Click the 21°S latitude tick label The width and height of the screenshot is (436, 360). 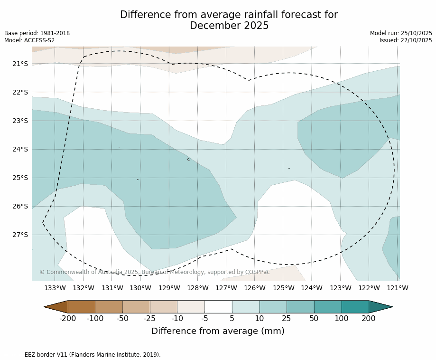click(x=20, y=64)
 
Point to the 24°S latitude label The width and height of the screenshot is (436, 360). click(x=20, y=149)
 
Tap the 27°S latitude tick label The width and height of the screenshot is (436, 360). click(x=20, y=235)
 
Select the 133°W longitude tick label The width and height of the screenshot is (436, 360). click(x=55, y=288)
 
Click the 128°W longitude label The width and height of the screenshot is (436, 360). click(x=197, y=288)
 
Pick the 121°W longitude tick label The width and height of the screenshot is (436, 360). click(x=398, y=288)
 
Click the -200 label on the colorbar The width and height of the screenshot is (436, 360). click(x=68, y=319)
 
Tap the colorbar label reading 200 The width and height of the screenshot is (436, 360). click(x=369, y=319)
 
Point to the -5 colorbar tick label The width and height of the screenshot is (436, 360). click(x=204, y=319)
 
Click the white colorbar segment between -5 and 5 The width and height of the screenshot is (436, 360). click(x=218, y=307)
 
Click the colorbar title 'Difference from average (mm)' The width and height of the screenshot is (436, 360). click(x=218, y=332)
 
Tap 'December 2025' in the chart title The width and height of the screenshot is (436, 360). click(x=229, y=26)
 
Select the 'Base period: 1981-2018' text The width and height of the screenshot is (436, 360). click(x=37, y=33)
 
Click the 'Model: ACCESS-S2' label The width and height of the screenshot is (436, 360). click(x=29, y=40)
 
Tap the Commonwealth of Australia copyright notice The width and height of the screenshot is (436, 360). click(x=154, y=272)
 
